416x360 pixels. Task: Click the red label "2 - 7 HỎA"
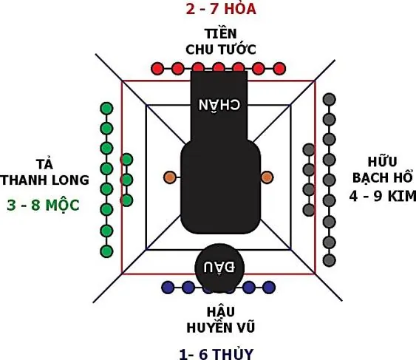click(x=221, y=8)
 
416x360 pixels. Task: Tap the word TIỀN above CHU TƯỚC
click(x=220, y=33)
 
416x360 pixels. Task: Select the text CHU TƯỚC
click(x=221, y=49)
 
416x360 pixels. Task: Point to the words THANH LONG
click(x=44, y=180)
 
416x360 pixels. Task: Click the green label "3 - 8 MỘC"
click(x=44, y=205)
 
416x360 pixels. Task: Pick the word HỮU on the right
click(x=382, y=161)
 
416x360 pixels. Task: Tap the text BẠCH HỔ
click(x=383, y=177)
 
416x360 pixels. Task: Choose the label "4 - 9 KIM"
click(x=383, y=197)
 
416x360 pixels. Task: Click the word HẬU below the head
click(x=221, y=311)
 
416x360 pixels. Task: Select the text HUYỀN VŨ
click(x=221, y=327)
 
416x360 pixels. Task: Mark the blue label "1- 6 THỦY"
click(x=216, y=353)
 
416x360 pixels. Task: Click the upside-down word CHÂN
click(x=219, y=104)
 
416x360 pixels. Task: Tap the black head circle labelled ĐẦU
click(x=219, y=268)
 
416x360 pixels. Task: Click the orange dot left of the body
click(x=170, y=177)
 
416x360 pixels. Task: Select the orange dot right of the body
click(x=267, y=177)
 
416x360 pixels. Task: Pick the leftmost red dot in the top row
click(x=157, y=69)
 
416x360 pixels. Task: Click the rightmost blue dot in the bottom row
click(x=269, y=288)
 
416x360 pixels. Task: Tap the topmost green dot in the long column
click(x=106, y=109)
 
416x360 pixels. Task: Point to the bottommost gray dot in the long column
click(x=330, y=260)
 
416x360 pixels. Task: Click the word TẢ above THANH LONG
click(x=44, y=163)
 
